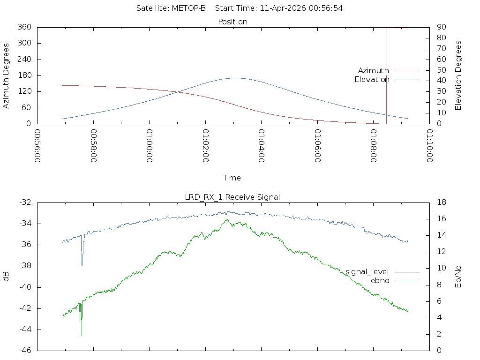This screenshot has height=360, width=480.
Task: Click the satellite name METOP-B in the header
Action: click(189, 8)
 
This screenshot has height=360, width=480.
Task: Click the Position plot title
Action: click(233, 22)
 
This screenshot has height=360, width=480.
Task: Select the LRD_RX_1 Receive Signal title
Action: click(232, 197)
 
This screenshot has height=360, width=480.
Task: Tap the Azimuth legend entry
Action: click(374, 71)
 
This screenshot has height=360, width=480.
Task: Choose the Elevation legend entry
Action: click(372, 80)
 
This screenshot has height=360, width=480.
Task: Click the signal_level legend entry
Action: click(367, 272)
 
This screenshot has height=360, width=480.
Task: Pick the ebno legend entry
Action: click(380, 281)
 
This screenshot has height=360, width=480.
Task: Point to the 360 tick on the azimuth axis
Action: click(24, 27)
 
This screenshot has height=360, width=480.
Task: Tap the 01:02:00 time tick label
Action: click(205, 146)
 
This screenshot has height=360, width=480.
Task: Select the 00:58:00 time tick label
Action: click(93, 146)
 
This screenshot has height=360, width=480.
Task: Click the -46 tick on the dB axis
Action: click(24, 351)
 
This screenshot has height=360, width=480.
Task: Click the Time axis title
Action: click(232, 178)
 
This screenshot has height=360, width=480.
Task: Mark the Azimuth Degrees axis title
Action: click(7, 75)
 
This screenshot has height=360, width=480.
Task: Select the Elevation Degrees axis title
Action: click(458, 75)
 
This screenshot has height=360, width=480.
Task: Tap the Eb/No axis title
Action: click(458, 277)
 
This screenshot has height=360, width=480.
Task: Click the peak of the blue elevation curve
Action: click(234, 78)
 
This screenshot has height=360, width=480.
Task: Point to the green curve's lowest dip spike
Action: click(82, 335)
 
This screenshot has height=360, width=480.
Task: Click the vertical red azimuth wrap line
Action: click(386, 75)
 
